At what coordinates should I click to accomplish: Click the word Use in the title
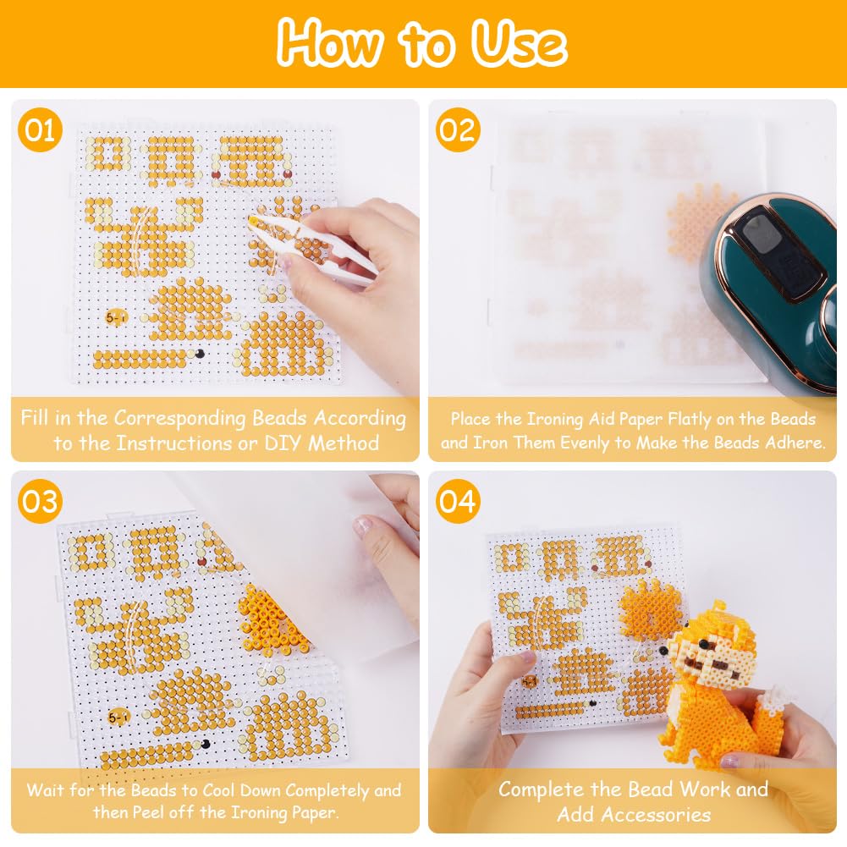coord(519,43)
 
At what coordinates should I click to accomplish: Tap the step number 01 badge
coord(40,130)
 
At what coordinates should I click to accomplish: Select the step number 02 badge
coord(458,130)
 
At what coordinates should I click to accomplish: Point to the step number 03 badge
coord(40,501)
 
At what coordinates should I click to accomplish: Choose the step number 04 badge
coord(458,501)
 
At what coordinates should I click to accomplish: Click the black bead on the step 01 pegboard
coord(200,354)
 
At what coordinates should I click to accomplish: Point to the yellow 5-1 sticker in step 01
coord(116,317)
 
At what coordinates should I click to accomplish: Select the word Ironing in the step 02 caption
coord(555,419)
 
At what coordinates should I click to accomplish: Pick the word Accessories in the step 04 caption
coord(634,814)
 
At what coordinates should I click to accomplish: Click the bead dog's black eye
coord(703,645)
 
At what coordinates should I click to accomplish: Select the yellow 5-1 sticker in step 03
coord(118,717)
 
